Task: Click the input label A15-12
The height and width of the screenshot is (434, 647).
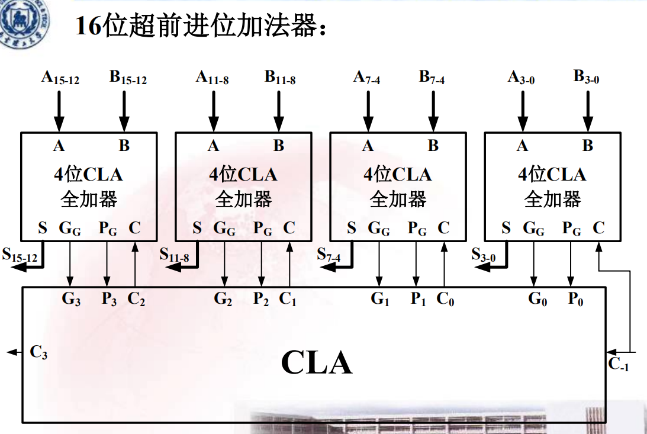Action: coord(60,78)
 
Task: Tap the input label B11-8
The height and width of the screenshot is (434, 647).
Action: coord(279,78)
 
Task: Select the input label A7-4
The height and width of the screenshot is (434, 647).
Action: coord(366,78)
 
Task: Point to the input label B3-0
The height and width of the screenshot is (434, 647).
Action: coord(586,78)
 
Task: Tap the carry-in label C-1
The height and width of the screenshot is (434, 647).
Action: coord(619,364)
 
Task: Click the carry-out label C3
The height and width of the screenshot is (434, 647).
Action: coord(38,353)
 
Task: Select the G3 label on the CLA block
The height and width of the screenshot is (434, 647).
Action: coord(71,299)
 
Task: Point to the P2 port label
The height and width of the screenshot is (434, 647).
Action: coord(261,299)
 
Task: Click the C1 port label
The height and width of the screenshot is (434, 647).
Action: coord(288,299)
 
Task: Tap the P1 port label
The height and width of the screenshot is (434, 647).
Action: coord(419,299)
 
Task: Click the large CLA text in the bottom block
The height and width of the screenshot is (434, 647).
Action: coord(316,362)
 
